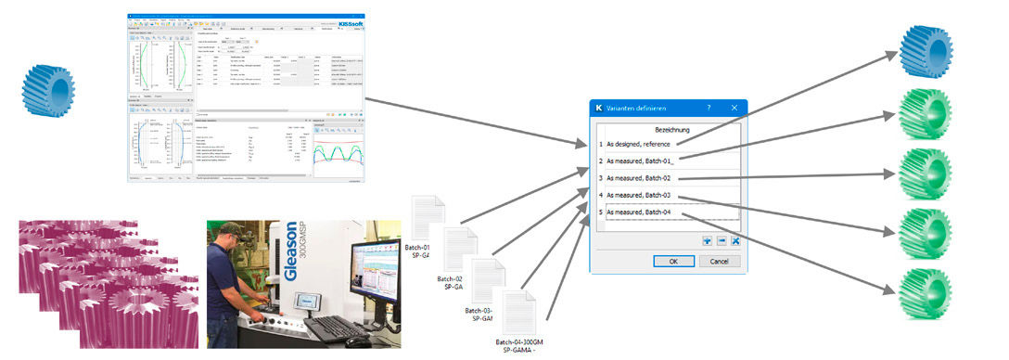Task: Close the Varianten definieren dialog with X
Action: click(x=734, y=107)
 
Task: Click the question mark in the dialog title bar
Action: click(x=709, y=107)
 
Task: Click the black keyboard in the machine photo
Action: click(x=335, y=326)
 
